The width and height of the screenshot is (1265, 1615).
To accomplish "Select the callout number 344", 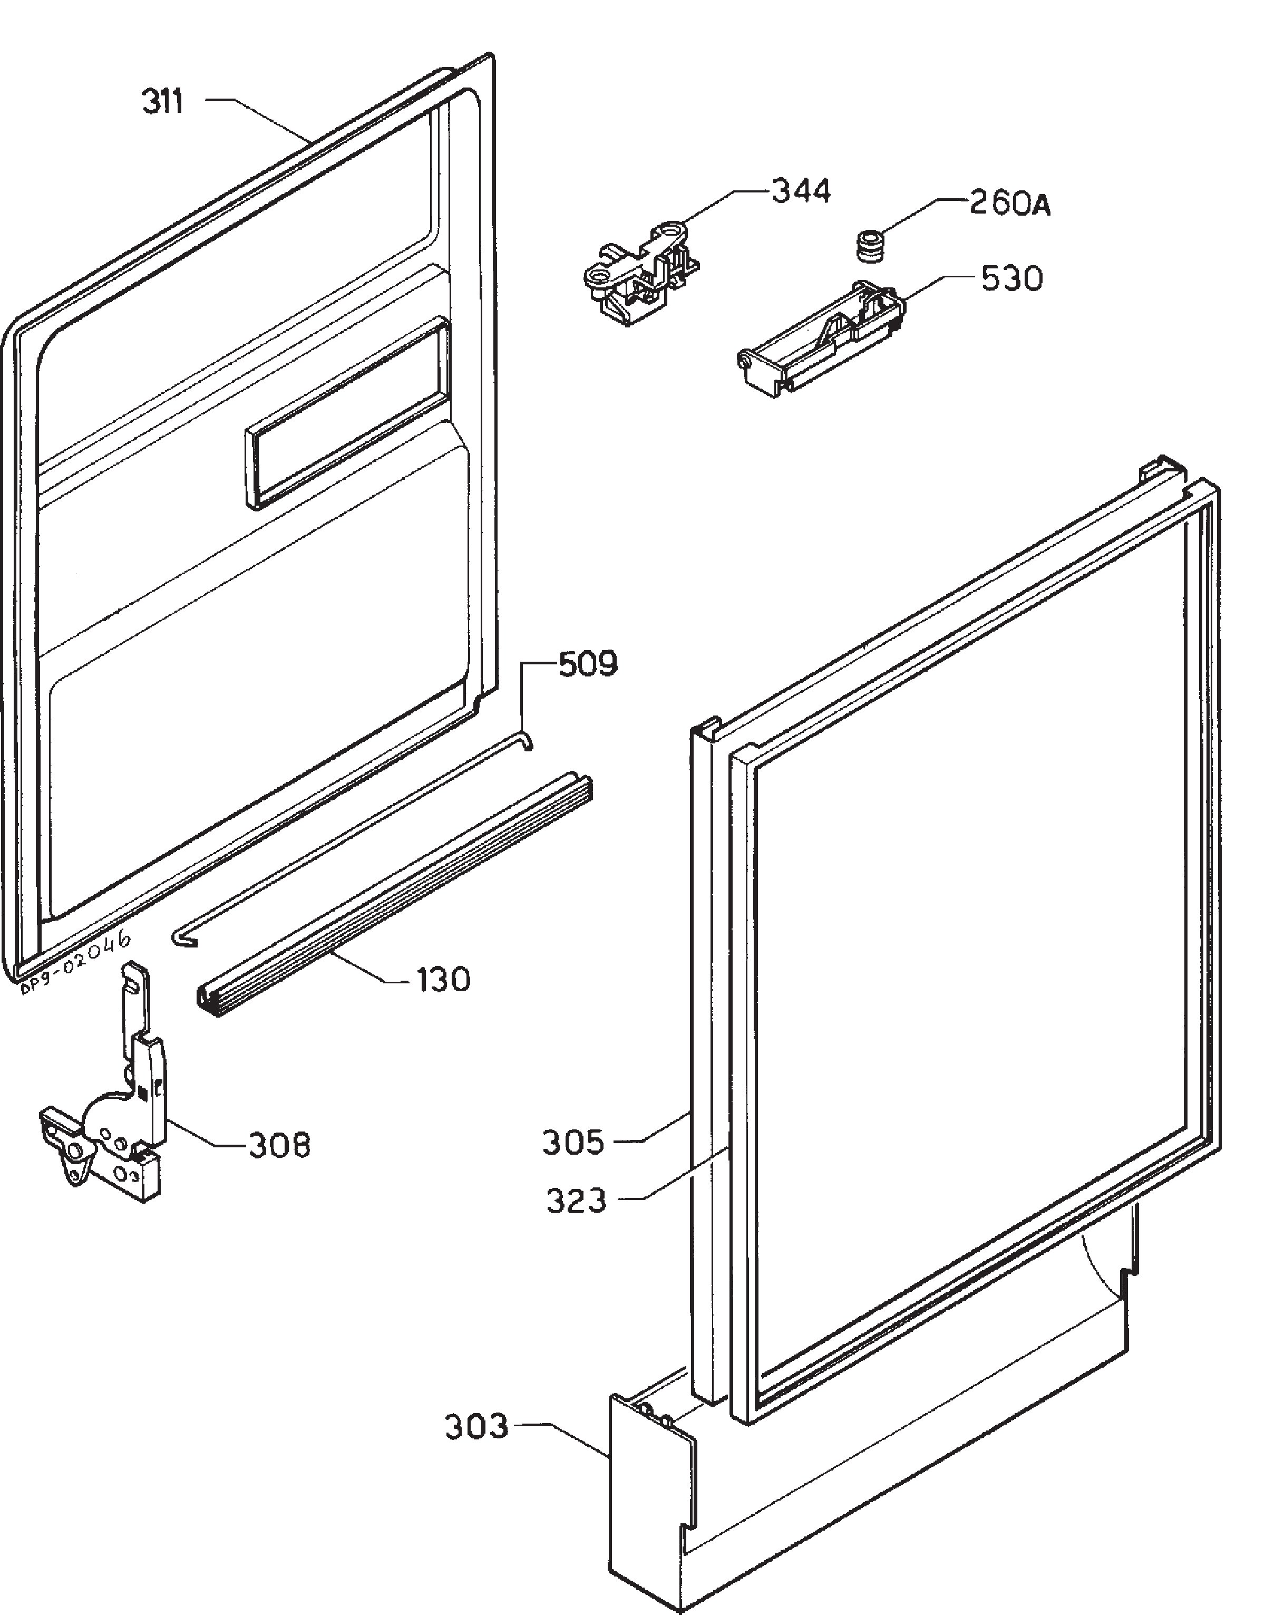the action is pos(801,191).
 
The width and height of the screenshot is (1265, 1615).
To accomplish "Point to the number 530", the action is pos(1011,278).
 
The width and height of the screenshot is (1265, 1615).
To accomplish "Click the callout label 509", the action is pos(587,664).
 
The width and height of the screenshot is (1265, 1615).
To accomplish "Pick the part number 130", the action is pos(443,979).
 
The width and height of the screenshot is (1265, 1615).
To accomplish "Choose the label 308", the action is pos(278,1145).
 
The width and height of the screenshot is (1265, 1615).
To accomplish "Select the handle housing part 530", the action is pos(822,338).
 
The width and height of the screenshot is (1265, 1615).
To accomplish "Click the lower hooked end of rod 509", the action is pos(180,941).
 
